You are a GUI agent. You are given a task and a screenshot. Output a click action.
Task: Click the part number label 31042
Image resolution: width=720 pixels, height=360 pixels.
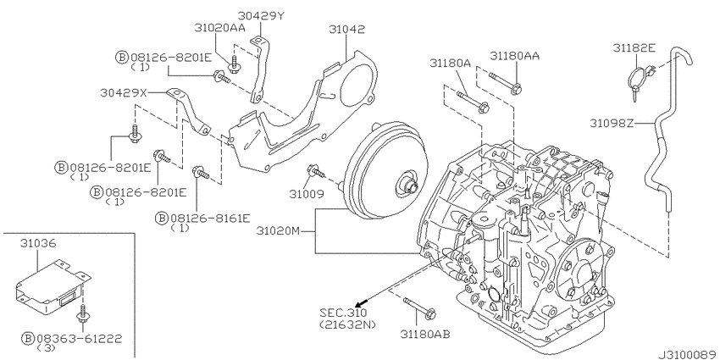(348, 29)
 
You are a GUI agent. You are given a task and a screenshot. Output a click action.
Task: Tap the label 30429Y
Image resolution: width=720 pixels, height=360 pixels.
(261, 14)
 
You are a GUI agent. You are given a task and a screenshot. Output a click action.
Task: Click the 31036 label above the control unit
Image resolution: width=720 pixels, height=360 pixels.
(39, 243)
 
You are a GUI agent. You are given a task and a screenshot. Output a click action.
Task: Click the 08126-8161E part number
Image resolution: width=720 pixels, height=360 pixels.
(208, 218)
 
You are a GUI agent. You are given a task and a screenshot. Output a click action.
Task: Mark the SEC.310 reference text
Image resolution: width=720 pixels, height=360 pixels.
(338, 313)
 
